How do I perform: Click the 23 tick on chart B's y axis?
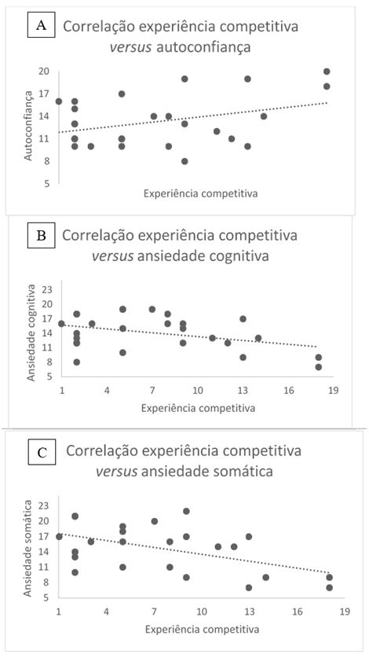pos(46,289)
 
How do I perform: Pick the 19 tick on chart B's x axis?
pos(334,389)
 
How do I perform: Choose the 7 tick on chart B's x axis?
pos(152,389)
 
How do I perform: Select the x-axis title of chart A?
pos(200,193)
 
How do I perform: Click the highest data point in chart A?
pos(327,72)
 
